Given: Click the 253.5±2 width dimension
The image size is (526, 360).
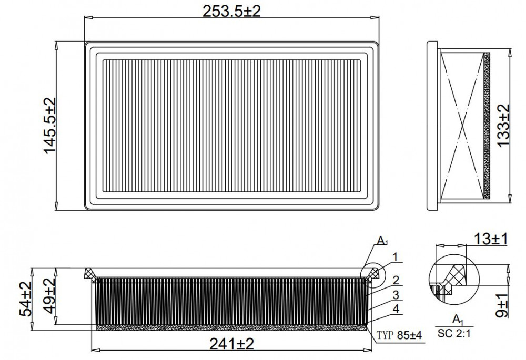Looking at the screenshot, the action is tap(231, 11).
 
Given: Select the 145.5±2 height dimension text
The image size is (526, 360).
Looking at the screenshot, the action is tap(50, 126).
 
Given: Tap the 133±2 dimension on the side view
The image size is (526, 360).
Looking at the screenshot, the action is tap(503, 125).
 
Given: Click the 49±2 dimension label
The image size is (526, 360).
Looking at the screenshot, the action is tap(50, 296).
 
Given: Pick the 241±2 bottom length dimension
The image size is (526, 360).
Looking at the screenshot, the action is tap(231, 344).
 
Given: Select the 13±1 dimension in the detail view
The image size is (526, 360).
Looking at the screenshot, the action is tap(491, 239).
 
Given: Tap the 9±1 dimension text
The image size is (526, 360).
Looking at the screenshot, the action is tap(502, 304).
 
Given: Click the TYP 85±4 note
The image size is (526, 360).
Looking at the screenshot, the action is tap(399, 335).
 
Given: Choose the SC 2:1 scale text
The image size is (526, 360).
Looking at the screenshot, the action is tap(454, 334).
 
